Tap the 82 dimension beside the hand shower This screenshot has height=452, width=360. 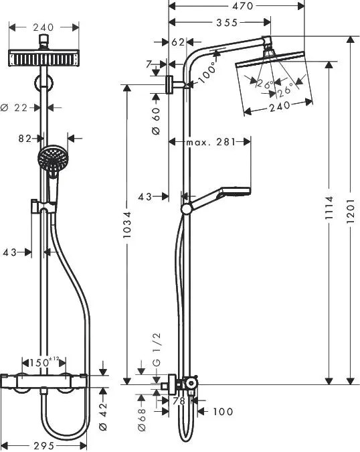click(26, 139)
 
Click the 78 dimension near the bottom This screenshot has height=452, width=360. click(179, 400)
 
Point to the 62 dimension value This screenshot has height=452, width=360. click(178, 42)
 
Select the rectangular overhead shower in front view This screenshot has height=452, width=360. click(44, 58)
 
